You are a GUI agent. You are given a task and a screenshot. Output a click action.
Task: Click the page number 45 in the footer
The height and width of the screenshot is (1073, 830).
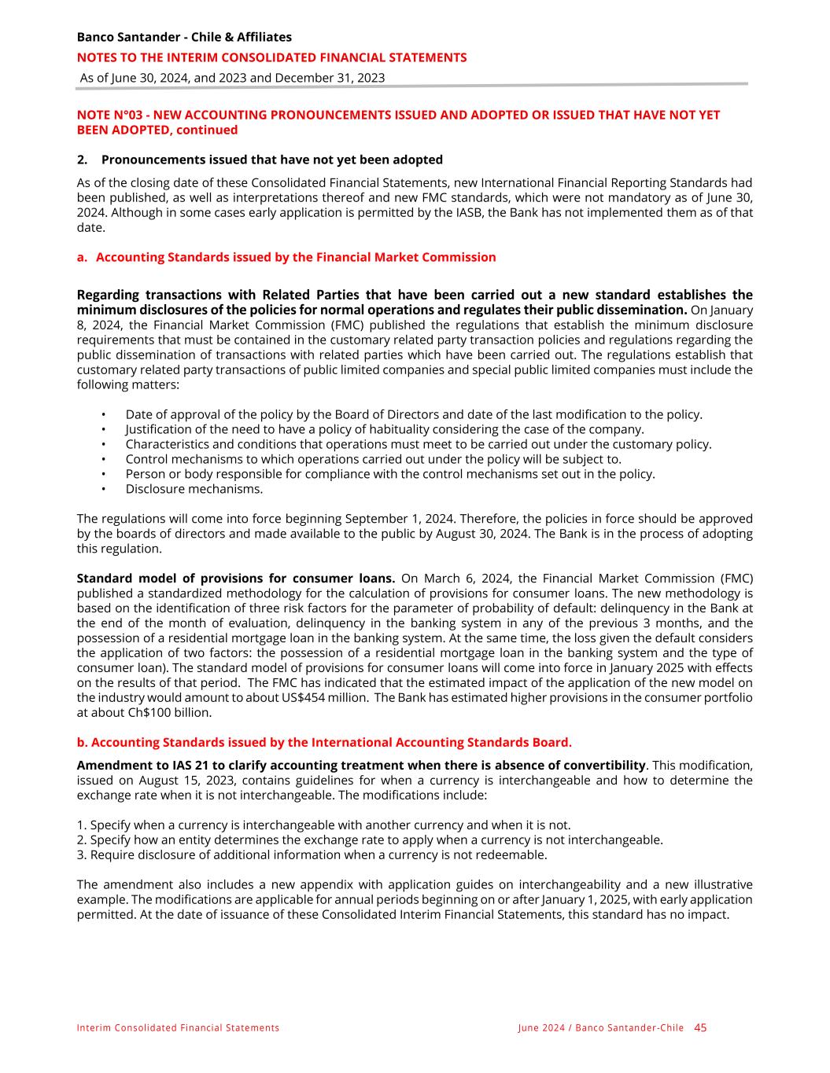[x=700, y=1027]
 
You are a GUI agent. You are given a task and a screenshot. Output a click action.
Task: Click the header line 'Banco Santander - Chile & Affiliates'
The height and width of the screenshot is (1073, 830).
[x=184, y=37]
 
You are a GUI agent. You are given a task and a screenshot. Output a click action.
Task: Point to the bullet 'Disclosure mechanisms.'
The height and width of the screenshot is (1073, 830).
[x=194, y=489]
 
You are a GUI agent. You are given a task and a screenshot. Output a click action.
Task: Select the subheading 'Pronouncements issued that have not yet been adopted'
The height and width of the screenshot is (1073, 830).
[x=271, y=160]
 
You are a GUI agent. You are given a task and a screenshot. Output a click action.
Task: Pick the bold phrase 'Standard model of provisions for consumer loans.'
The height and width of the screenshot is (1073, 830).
[x=235, y=579]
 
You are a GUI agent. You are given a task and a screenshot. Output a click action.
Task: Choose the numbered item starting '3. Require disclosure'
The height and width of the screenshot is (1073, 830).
[x=312, y=854]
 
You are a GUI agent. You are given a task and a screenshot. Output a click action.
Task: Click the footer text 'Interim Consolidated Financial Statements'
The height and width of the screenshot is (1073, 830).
[x=178, y=1028]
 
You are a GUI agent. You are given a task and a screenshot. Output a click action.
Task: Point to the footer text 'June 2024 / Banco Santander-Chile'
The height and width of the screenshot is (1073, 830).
[x=600, y=1028]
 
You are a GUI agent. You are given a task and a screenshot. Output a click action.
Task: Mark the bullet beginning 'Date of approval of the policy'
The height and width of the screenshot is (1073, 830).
[x=414, y=414]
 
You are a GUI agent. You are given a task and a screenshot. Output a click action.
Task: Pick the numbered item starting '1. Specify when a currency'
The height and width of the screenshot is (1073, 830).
[x=323, y=825]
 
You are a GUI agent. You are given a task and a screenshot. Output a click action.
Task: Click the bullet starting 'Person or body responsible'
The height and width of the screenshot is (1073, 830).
[x=389, y=474]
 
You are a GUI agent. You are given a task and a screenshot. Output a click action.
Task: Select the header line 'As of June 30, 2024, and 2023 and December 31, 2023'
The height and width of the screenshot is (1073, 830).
[x=232, y=78]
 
